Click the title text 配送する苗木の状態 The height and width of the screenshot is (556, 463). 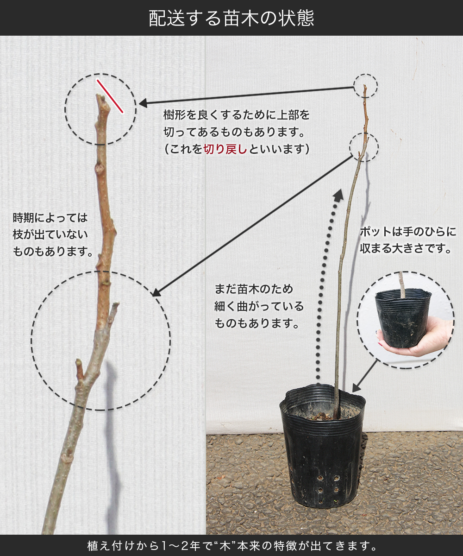tap(231, 18)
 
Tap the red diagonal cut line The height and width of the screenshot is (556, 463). tap(110, 96)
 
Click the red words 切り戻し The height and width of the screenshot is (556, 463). tap(225, 149)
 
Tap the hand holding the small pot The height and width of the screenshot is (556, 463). tap(415, 341)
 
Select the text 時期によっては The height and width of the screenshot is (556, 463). tap(50, 218)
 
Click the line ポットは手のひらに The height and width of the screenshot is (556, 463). tap(408, 232)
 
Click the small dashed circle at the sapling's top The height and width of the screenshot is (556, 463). tap(365, 86)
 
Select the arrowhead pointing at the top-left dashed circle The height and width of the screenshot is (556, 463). tap(143, 103)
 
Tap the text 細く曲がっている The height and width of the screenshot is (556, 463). tap(259, 306)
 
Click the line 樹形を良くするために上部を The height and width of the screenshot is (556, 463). tap(237, 115)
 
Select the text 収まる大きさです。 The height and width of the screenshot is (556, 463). tap(406, 248)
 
